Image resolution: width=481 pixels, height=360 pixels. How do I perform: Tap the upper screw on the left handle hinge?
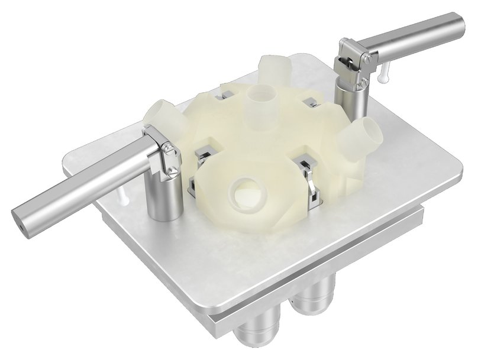(x=169, y=150)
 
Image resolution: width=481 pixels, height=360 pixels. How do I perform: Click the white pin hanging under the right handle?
(x=384, y=71)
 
